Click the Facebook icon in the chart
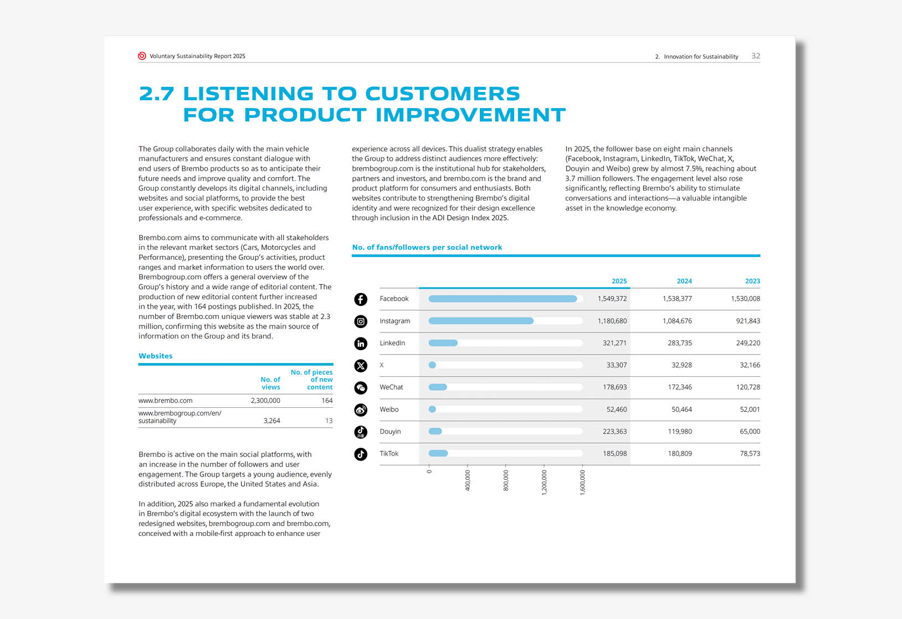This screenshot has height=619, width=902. pyautogui.click(x=360, y=299)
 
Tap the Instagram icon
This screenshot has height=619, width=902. pyautogui.click(x=360, y=321)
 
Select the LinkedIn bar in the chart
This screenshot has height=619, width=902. pyautogui.click(x=443, y=343)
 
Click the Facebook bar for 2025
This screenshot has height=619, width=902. pyautogui.click(x=503, y=299)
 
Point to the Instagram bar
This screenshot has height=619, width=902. pyautogui.click(x=481, y=321)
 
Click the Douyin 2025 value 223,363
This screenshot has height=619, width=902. pyautogui.click(x=614, y=431)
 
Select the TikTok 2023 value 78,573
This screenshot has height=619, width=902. pyautogui.click(x=750, y=453)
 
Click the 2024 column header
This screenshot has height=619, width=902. pyautogui.click(x=684, y=281)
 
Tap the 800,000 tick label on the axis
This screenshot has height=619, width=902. pyautogui.click(x=506, y=480)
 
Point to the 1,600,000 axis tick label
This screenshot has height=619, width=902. pyautogui.click(x=582, y=483)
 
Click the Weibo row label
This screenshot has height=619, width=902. pyautogui.click(x=389, y=410)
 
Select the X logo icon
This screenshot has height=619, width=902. pyautogui.click(x=360, y=366)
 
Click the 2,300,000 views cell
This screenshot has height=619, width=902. pyautogui.click(x=265, y=401)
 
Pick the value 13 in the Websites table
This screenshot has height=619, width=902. pyautogui.click(x=329, y=421)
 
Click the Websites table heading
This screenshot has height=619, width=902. pyautogui.click(x=156, y=356)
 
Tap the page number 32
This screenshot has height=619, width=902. pyautogui.click(x=756, y=56)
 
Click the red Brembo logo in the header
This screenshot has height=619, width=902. pyautogui.click(x=142, y=56)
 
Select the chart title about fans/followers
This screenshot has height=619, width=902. pyautogui.click(x=427, y=247)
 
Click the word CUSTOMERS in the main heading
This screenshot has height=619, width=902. pyautogui.click(x=443, y=94)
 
